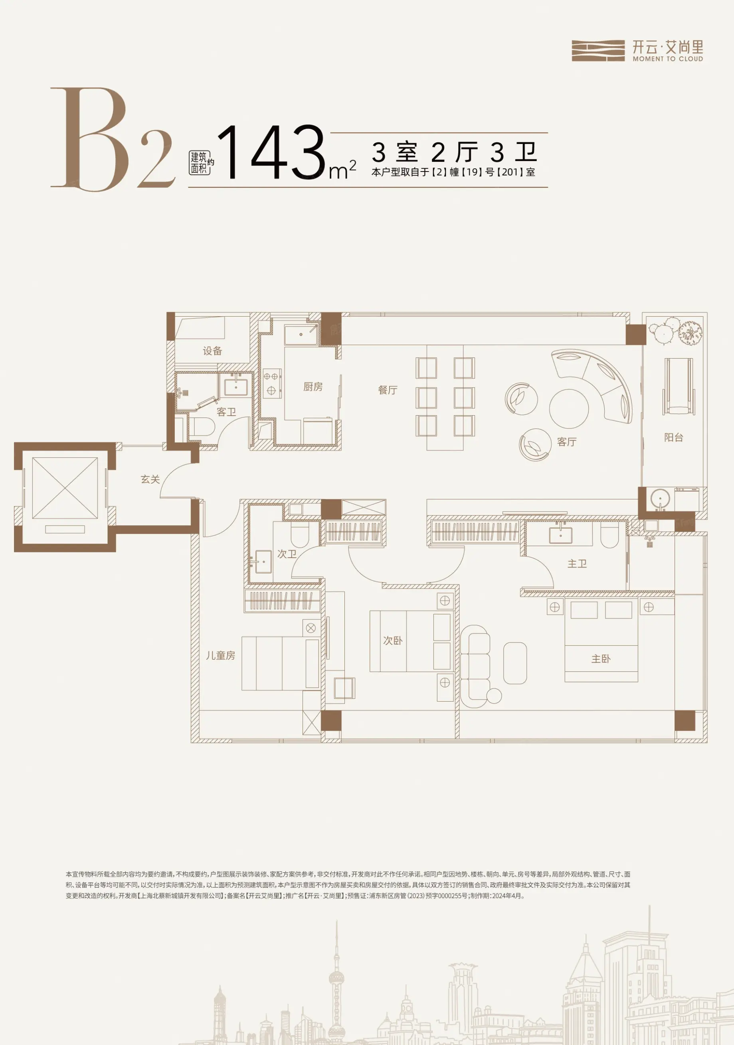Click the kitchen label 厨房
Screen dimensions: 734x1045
(313, 387)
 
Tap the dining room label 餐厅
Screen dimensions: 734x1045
(388, 390)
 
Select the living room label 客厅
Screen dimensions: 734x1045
(566, 442)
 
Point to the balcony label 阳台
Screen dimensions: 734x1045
(673, 438)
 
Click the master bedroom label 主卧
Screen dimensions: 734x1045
(601, 659)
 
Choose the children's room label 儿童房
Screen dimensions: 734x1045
(220, 655)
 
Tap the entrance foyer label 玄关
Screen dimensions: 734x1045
(150, 479)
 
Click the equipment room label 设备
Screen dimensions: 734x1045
(212, 351)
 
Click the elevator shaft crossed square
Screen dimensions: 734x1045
(65, 488)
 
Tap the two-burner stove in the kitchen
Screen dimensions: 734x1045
(272, 383)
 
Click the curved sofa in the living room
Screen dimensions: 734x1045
(592, 384)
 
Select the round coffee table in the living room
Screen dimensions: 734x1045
(569, 408)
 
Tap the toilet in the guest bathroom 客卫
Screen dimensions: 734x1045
(201, 426)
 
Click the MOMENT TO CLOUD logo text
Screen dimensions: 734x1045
(667, 59)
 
